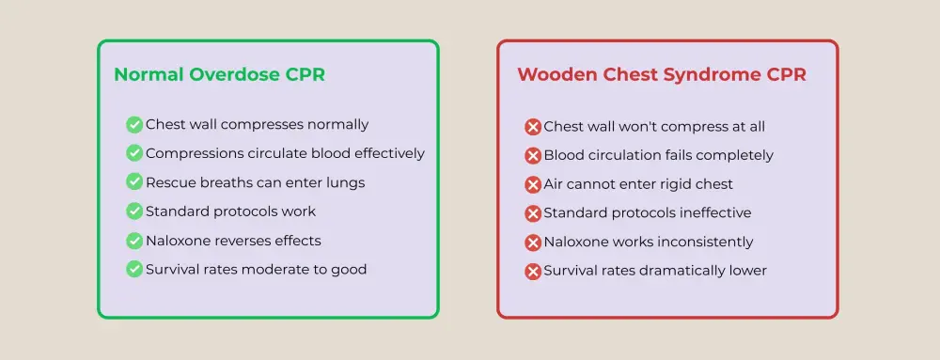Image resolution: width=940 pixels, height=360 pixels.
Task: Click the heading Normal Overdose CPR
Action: click(219, 75)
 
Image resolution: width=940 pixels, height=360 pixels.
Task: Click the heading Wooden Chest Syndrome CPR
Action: click(661, 75)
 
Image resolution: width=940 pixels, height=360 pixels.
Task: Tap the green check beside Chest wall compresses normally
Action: click(134, 124)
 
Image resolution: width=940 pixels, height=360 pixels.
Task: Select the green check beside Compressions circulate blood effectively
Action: click(134, 153)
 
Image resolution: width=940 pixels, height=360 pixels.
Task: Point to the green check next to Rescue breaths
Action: click(134, 182)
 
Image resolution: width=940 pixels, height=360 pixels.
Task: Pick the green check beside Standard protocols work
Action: click(134, 211)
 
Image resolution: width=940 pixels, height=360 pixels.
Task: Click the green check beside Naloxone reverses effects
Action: click(134, 241)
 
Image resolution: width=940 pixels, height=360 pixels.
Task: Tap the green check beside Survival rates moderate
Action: click(134, 270)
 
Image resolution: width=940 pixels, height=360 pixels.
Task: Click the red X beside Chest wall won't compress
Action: click(533, 127)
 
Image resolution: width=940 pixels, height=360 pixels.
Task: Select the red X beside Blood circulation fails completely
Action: click(533, 156)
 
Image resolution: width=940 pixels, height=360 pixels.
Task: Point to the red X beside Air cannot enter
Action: click(533, 185)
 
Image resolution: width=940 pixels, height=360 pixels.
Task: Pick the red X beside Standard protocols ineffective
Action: click(533, 214)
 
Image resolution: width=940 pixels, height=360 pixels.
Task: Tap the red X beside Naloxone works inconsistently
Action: click(533, 243)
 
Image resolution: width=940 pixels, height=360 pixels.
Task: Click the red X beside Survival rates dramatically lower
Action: click(533, 272)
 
